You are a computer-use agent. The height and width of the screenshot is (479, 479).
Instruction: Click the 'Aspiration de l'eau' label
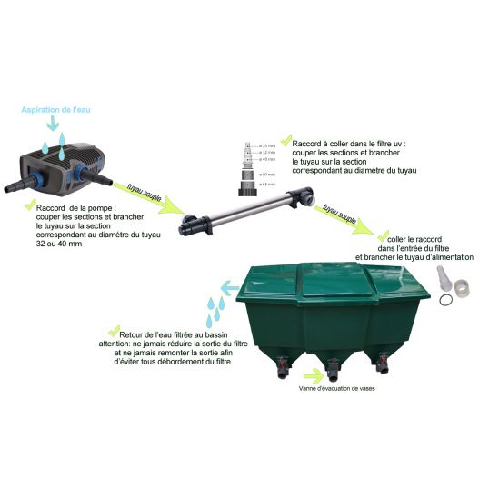click(x=56, y=109)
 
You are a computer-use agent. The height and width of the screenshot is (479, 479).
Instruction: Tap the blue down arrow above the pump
click(x=56, y=125)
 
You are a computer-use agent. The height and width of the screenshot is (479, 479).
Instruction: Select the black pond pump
click(x=55, y=165)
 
